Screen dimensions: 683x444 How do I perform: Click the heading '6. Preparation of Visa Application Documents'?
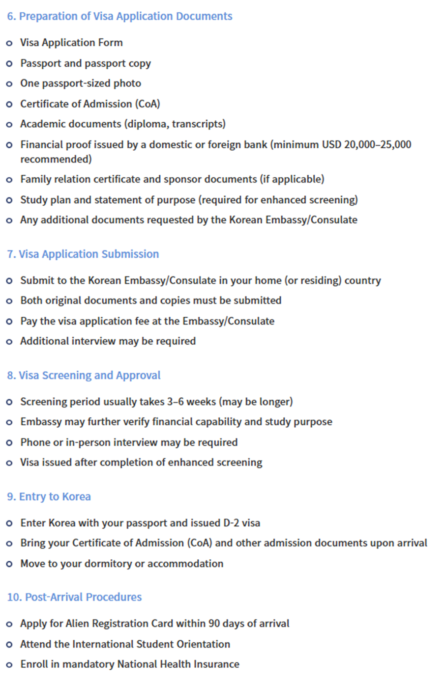(x=119, y=16)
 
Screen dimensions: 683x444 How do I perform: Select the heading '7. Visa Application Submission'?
(x=83, y=254)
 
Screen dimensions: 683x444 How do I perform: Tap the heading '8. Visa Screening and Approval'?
(x=84, y=375)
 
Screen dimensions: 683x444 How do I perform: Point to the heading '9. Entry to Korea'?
(x=49, y=496)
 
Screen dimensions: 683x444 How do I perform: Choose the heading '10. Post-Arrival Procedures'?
(x=74, y=597)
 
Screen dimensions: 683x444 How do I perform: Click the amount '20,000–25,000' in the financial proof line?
(x=378, y=144)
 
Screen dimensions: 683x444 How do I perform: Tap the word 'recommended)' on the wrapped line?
(x=56, y=159)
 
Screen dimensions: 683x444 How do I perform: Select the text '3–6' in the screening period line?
(x=175, y=402)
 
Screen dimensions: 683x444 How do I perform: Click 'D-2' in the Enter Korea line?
(x=231, y=523)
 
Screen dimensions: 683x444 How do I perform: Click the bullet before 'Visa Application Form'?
(x=9, y=43)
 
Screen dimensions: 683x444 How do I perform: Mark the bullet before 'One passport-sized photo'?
(x=9, y=84)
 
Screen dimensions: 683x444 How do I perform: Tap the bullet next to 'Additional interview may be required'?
(x=9, y=342)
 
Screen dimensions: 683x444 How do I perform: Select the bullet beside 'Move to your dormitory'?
(x=9, y=564)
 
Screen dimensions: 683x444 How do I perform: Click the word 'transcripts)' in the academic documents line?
(x=199, y=124)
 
